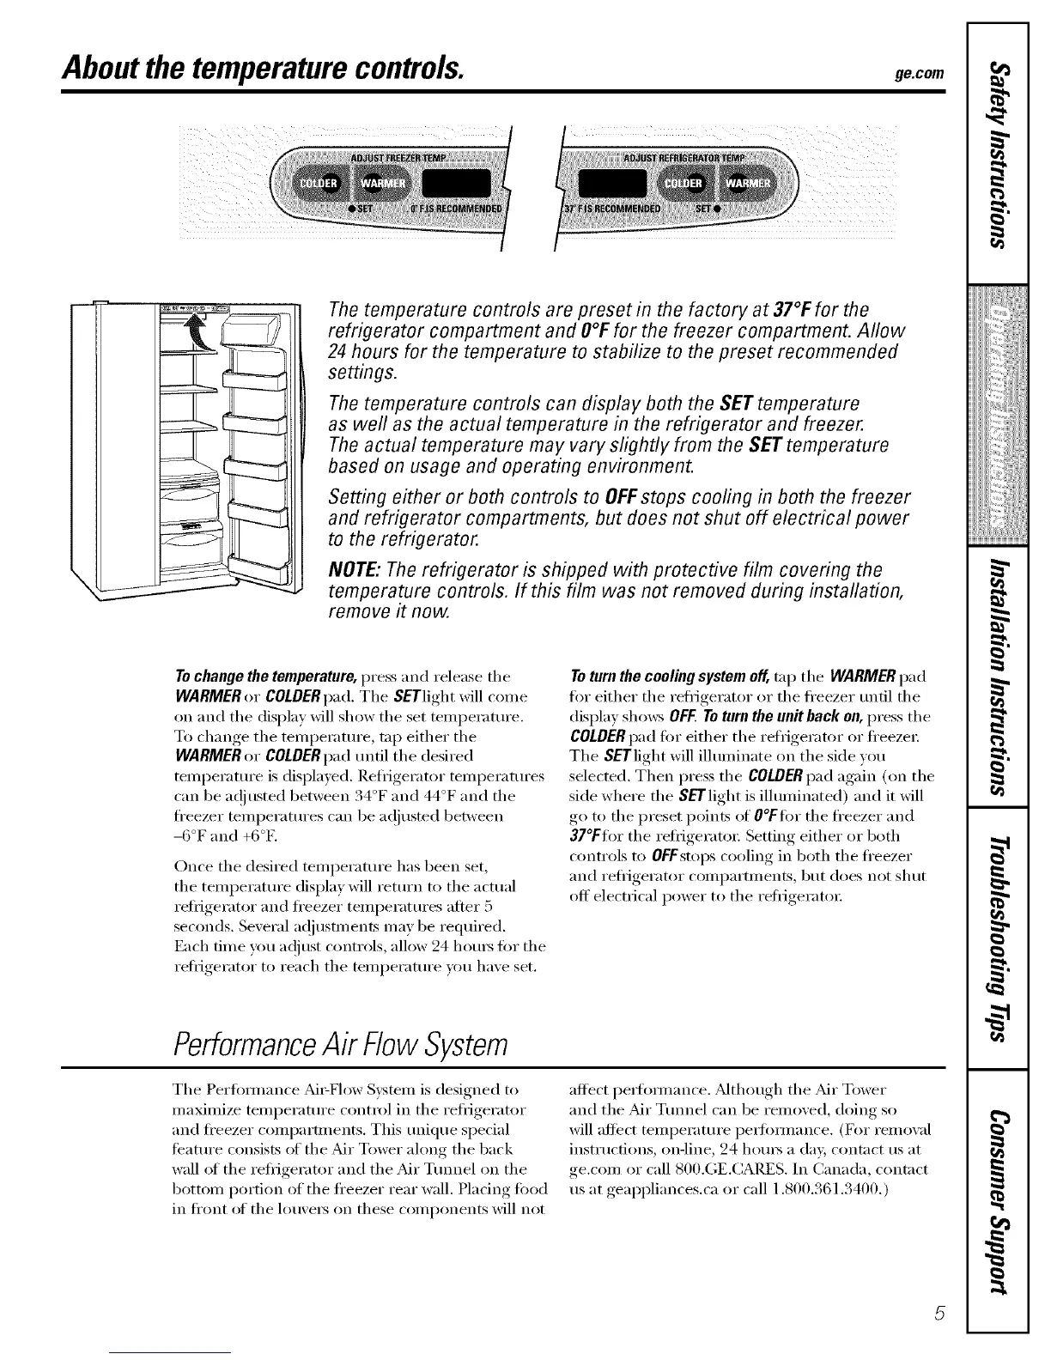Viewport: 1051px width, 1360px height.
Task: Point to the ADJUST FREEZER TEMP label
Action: point(398,158)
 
